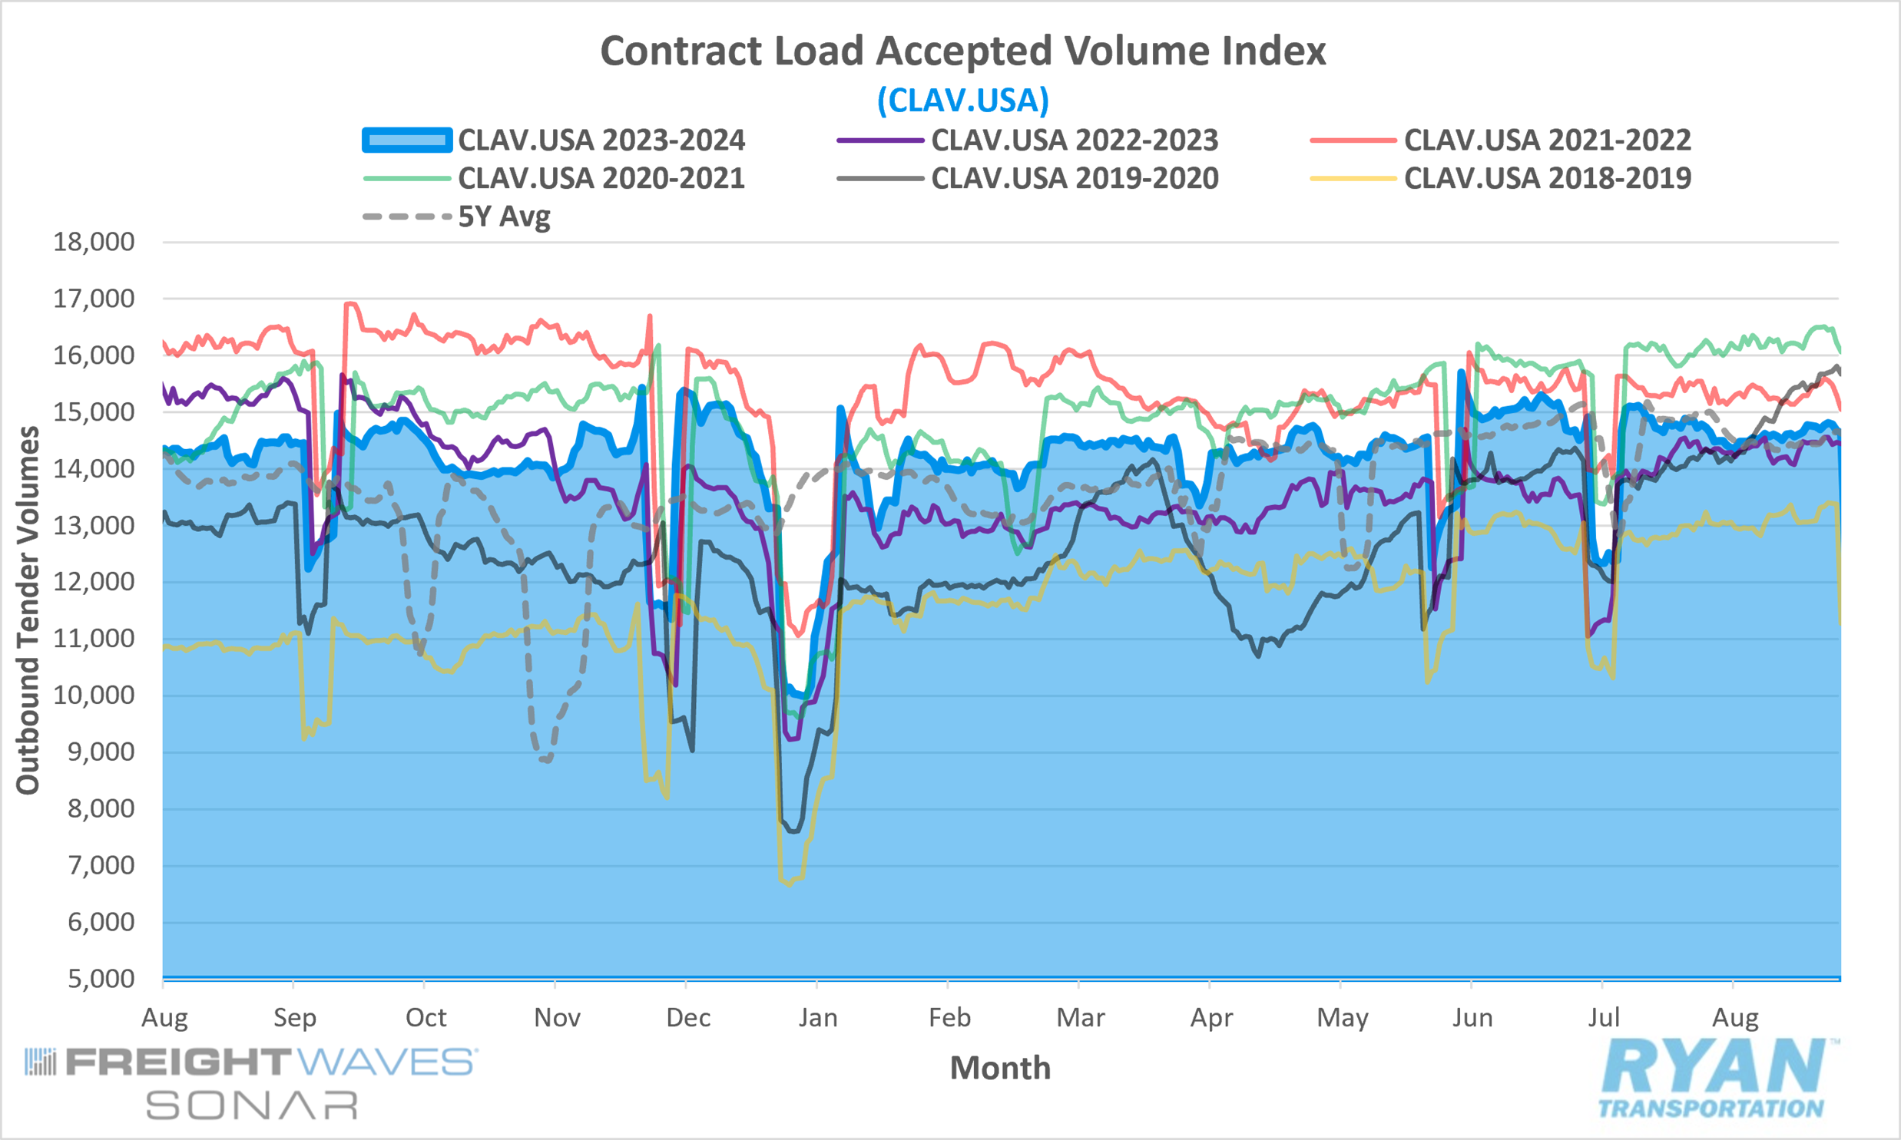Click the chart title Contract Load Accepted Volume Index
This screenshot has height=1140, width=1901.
coord(963,51)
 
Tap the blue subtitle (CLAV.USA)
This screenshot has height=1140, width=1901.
coord(963,101)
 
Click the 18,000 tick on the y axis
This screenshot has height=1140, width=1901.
coord(94,242)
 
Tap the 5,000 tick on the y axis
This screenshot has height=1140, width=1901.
coord(101,979)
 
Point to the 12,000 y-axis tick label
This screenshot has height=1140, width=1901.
coord(94,582)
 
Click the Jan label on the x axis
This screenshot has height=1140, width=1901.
coord(817,1018)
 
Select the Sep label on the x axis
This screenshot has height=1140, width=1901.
coord(295,1018)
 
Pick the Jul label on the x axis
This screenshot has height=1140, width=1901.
coord(1604,1018)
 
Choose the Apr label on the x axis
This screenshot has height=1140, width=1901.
coord(1211,1018)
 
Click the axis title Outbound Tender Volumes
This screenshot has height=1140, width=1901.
coord(28,610)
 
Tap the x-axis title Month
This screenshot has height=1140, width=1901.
coord(1001,1068)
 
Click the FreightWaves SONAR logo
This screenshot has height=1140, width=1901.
coord(250,1083)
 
